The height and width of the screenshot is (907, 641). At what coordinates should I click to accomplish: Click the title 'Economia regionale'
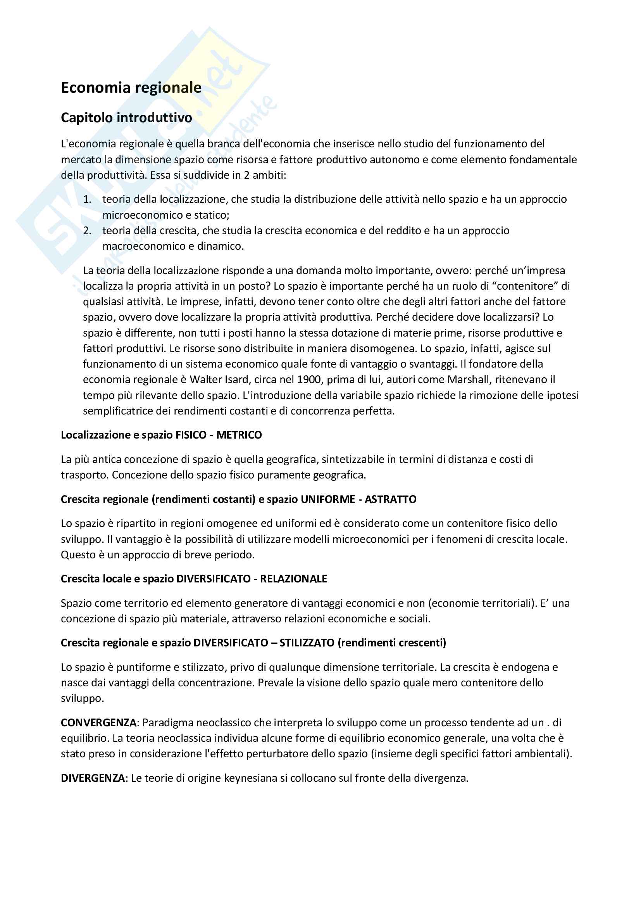pyautogui.click(x=131, y=87)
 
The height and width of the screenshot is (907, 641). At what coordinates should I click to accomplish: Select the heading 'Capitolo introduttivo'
pyautogui.click(x=126, y=117)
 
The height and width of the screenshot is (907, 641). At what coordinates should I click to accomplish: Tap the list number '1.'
pyautogui.click(x=87, y=199)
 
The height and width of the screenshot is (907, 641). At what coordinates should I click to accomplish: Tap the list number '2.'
pyautogui.click(x=87, y=231)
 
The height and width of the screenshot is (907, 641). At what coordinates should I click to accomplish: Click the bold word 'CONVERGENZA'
pyautogui.click(x=98, y=722)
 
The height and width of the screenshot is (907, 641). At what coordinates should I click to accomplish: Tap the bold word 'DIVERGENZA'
pyautogui.click(x=93, y=778)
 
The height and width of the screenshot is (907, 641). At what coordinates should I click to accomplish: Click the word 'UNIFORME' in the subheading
pyautogui.click(x=327, y=499)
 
